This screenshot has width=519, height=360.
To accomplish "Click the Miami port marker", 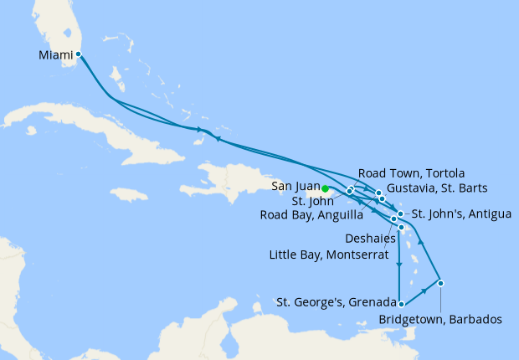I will pyautogui.click(x=78, y=54).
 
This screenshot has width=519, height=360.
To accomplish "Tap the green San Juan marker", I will pyautogui.click(x=325, y=188).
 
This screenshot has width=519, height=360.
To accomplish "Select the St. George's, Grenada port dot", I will pyautogui.click(x=402, y=304).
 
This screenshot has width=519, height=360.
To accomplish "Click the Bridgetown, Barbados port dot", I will pyautogui.click(x=440, y=283).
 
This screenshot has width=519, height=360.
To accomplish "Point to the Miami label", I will pyautogui.click(x=55, y=55).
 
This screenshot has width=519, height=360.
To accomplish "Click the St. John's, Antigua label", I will pyautogui.click(x=461, y=214).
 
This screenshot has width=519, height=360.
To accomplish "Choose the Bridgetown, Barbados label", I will pyautogui.click(x=440, y=319).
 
